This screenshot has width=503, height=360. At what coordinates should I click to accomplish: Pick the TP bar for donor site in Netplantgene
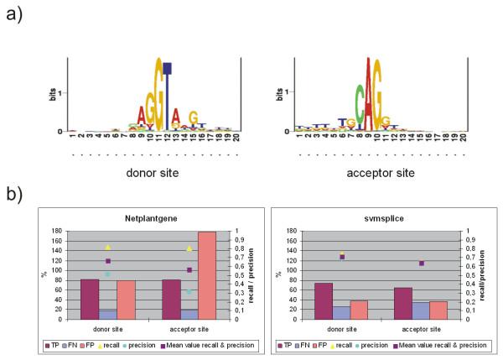89,299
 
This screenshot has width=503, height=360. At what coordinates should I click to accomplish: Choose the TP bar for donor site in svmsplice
323,301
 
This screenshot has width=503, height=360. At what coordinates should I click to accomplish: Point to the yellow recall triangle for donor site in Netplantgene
108,248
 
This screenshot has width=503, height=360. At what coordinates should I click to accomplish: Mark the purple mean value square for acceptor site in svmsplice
421,263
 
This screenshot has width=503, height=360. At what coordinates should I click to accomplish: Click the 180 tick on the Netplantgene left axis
66,231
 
